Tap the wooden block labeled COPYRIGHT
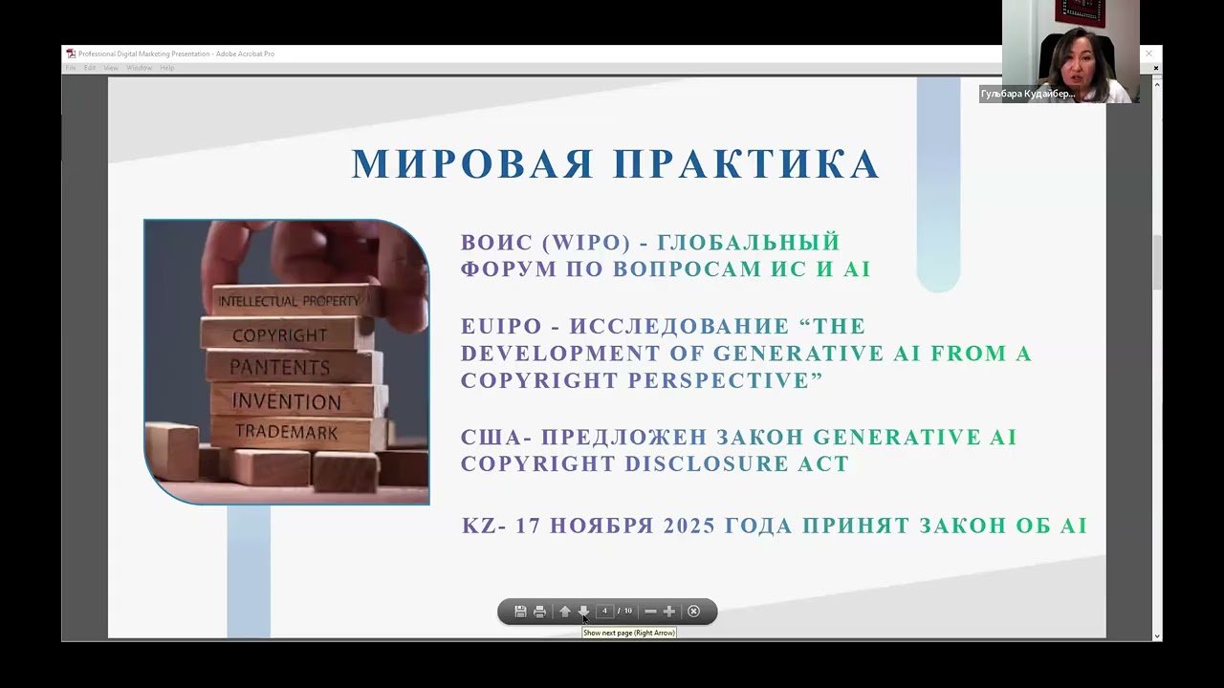tap(279, 335)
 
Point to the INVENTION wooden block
tap(286, 400)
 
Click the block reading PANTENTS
tap(279, 367)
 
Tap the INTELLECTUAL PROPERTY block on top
tap(289, 301)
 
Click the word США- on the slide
tap(496, 438)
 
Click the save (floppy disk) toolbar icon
tap(520, 612)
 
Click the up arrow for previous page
tap(564, 612)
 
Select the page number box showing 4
tap(604, 612)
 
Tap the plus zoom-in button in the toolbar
tap(669, 612)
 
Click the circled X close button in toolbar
tap(694, 612)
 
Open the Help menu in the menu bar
tap(166, 68)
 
